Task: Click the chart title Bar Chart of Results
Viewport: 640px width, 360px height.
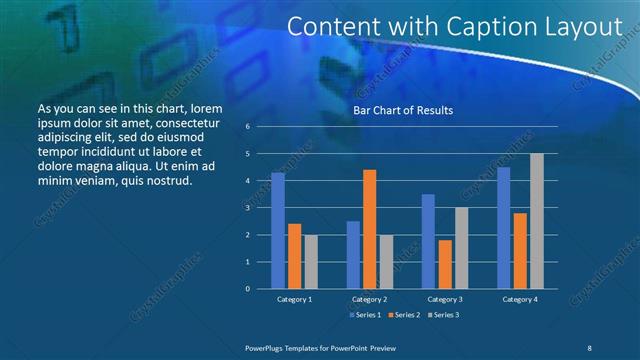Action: (403, 110)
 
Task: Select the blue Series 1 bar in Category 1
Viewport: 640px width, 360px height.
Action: (278, 231)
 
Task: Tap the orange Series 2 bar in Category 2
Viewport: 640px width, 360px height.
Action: (369, 229)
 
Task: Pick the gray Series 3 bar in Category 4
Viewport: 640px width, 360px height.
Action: (537, 221)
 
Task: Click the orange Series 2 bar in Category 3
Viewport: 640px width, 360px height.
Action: (445, 264)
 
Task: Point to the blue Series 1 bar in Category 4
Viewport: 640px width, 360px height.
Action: (504, 228)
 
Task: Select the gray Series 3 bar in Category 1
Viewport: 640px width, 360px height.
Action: (311, 261)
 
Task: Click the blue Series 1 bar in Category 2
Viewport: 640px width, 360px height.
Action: (353, 255)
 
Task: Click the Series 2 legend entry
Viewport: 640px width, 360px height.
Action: (404, 315)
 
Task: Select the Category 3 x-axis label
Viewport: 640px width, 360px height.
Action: (445, 299)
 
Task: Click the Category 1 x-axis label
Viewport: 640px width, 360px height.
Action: (294, 299)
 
